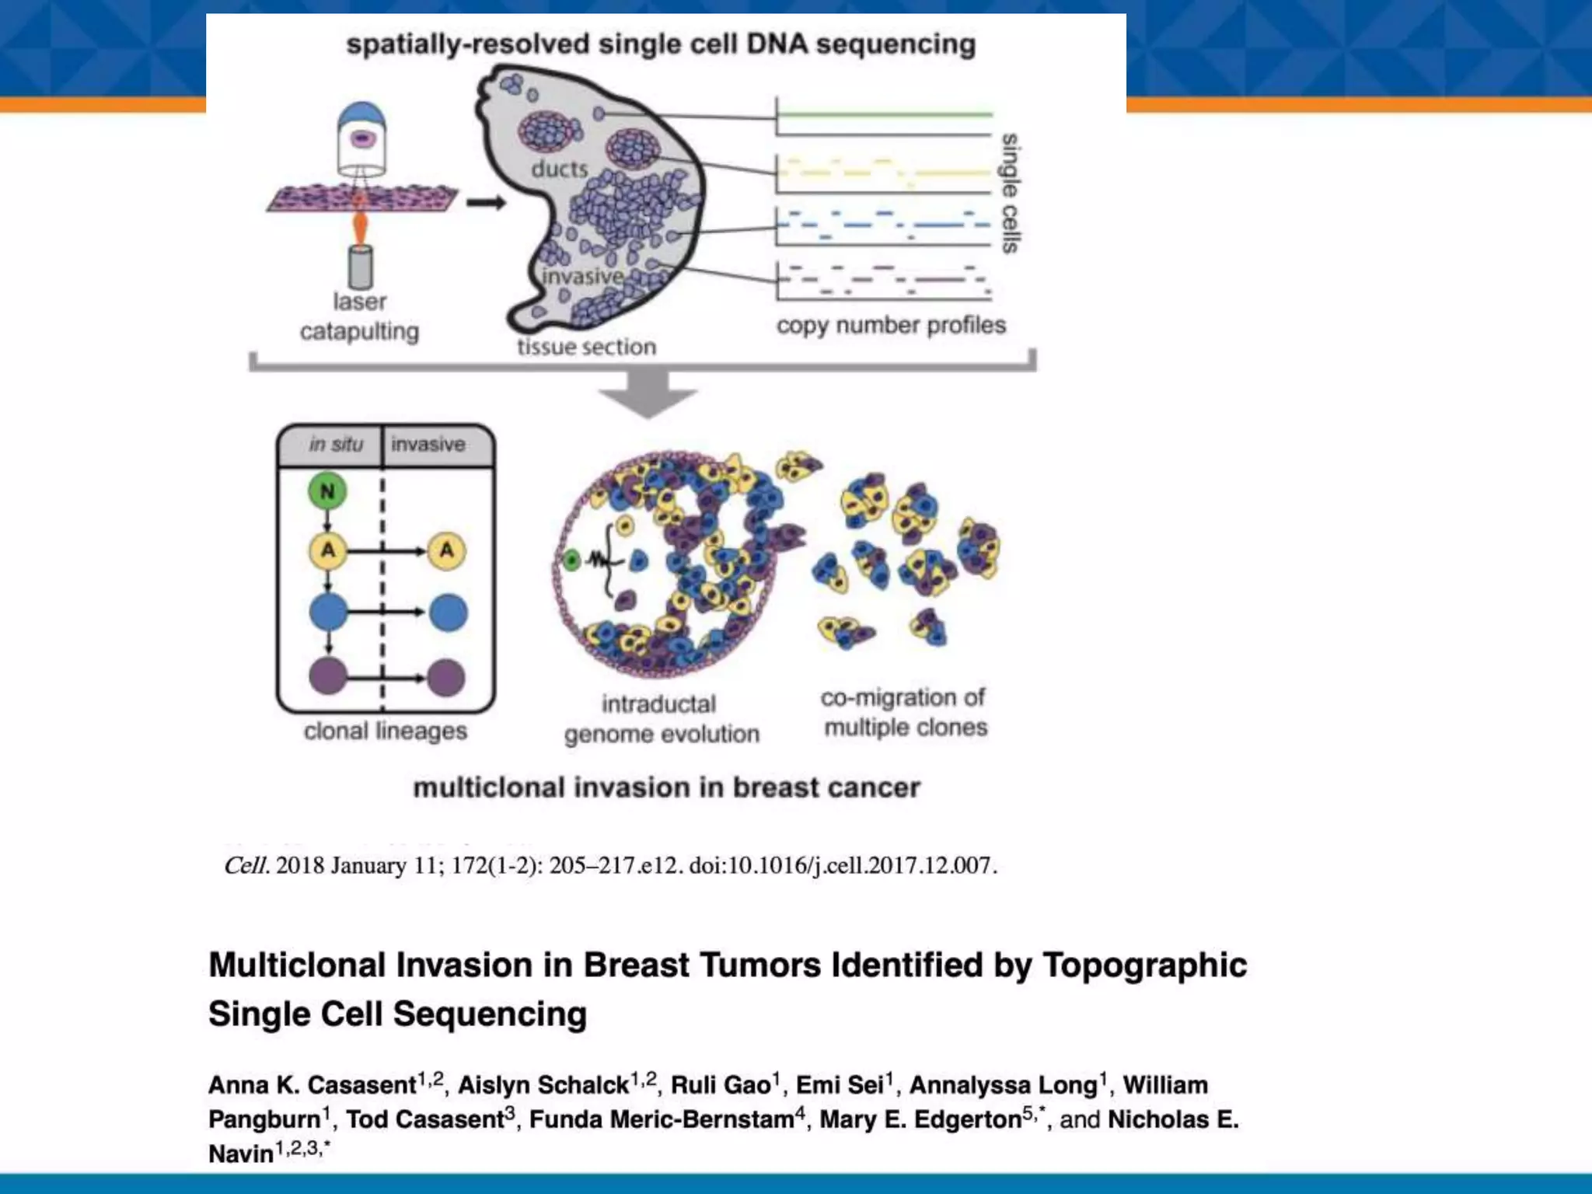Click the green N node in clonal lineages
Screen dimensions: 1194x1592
click(327, 491)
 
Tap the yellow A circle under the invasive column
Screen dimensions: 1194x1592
click(447, 551)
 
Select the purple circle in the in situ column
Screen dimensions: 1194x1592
click(328, 676)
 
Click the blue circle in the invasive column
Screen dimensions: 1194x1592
click(448, 613)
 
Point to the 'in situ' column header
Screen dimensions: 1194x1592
click(336, 445)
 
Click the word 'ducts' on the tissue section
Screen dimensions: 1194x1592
click(559, 169)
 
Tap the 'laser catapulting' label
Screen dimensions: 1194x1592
click(359, 316)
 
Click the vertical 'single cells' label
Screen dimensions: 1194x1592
click(1010, 193)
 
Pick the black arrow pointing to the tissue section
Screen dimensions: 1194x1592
click(486, 203)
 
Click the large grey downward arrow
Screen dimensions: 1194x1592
click(648, 395)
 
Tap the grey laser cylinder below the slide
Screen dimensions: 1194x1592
click(360, 267)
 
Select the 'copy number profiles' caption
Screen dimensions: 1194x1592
click(891, 325)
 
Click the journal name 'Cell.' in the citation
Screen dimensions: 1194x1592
click(246, 866)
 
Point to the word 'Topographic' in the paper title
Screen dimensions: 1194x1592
click(1144, 965)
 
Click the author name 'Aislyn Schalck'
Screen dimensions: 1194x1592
click(543, 1085)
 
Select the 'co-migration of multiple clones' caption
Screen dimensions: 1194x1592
click(904, 712)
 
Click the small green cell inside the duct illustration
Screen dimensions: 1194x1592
click(571, 560)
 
